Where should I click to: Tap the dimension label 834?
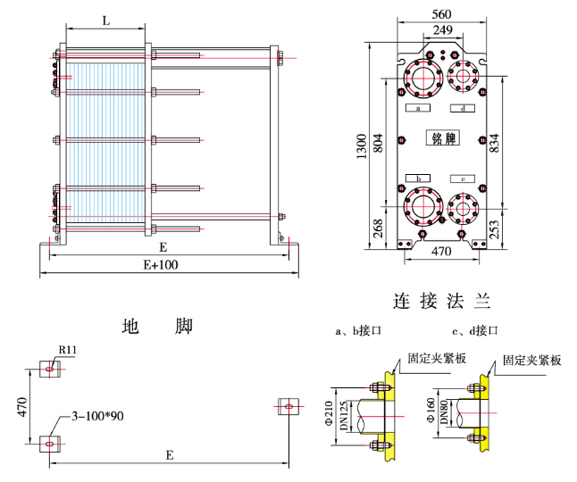(x=493, y=141)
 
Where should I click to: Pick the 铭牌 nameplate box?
(x=443, y=138)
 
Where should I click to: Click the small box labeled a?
(x=418, y=108)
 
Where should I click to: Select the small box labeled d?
(x=463, y=108)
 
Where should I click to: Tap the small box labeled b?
(x=418, y=178)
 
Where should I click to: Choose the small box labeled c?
(x=463, y=178)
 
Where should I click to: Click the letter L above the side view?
(x=105, y=21)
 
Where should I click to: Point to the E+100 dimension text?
(x=162, y=265)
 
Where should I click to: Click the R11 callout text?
(x=67, y=350)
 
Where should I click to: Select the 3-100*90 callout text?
(x=96, y=417)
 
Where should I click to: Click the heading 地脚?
(x=157, y=327)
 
